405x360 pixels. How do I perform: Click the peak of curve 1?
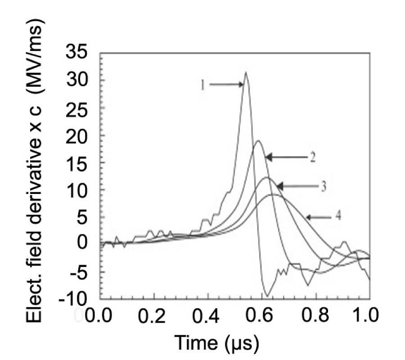click(246, 72)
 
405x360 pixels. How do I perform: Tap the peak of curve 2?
click(258, 141)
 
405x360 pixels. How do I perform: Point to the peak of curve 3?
click(266, 178)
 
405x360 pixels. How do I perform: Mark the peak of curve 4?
click(273, 195)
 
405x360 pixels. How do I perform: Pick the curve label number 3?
click(324, 185)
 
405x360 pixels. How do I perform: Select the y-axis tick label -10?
click(77, 300)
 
